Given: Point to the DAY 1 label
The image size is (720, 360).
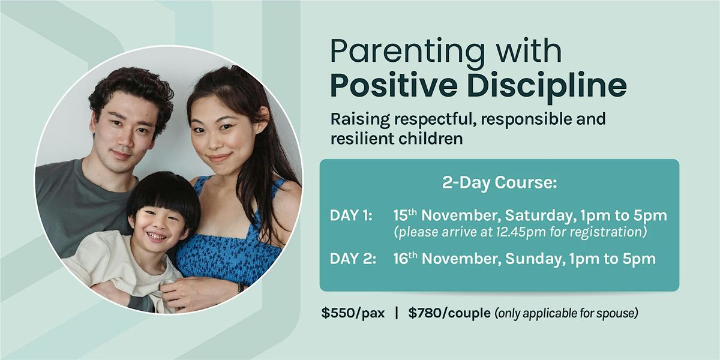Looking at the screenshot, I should [351, 215].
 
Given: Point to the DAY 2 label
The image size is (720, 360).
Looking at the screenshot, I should [351, 259].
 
